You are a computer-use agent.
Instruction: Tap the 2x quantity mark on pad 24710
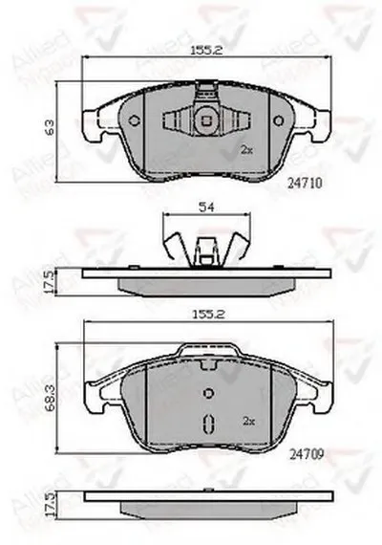(246, 150)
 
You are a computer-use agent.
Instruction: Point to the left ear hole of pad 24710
(133, 120)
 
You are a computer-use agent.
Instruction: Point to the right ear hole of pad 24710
(275, 120)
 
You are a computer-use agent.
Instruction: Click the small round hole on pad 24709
(206, 394)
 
